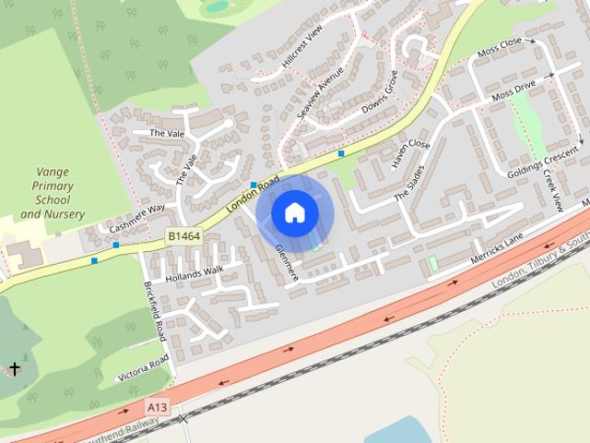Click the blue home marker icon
point(294,213)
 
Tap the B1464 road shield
point(183,237)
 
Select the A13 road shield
point(156,405)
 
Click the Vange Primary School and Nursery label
point(53,193)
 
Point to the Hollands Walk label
point(195,274)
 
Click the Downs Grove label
point(379,94)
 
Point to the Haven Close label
point(410,151)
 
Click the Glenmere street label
point(287,264)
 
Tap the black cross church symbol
point(14,369)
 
